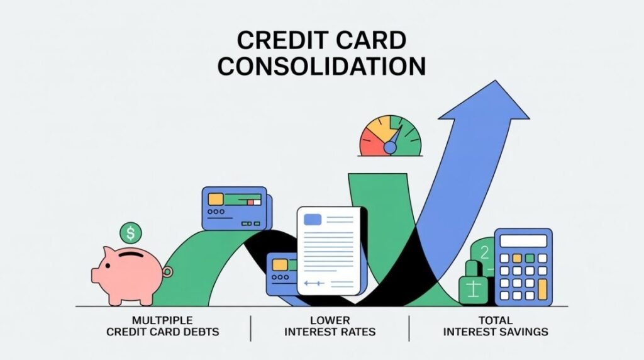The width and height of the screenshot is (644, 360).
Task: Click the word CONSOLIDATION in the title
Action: [321, 65]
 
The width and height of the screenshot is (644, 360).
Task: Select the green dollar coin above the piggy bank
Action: [130, 233]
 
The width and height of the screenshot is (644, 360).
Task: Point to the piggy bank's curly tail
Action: [167, 272]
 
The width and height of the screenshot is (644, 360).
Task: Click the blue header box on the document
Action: [313, 220]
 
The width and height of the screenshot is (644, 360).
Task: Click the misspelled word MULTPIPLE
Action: [162, 320]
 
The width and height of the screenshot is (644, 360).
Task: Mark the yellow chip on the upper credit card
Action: [216, 199]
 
